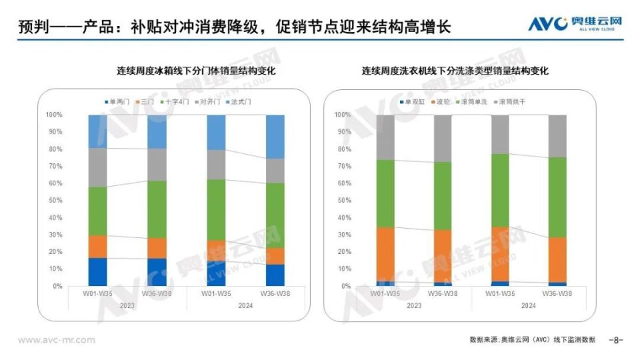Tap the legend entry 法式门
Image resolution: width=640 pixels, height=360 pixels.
[239, 102]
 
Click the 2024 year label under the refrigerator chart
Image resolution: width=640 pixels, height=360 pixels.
[245, 305]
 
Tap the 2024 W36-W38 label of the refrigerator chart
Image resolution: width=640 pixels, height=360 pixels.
[275, 293]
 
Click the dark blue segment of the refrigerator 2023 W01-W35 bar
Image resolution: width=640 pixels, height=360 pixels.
[98, 271]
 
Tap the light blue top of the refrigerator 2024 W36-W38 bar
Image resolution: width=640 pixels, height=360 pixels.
[275, 136]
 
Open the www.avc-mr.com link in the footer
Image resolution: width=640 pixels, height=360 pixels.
[57, 340]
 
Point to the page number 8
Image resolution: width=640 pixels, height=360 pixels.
[616, 340]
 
